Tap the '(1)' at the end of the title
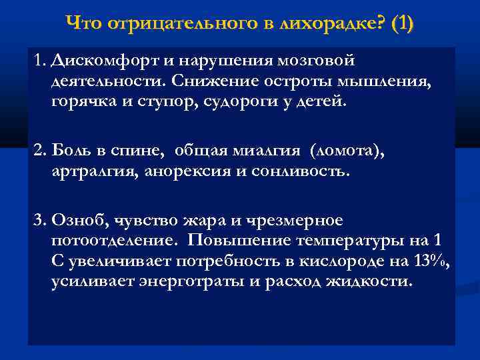click(x=403, y=25)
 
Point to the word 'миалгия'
click(x=270, y=151)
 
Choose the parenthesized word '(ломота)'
click(x=348, y=151)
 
